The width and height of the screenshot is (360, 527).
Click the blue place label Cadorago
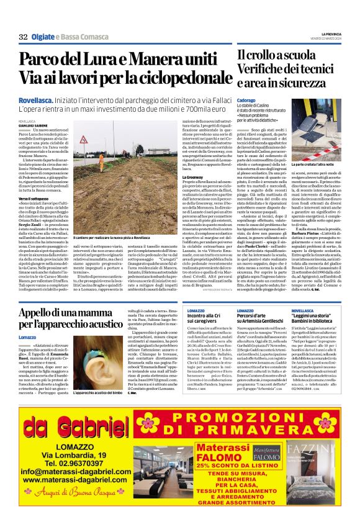[246, 100]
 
